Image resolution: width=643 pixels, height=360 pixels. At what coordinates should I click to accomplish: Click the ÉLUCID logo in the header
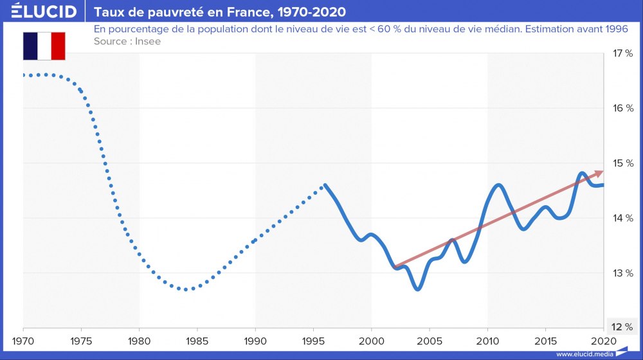click(44, 12)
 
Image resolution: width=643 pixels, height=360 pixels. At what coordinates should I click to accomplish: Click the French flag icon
click(44, 46)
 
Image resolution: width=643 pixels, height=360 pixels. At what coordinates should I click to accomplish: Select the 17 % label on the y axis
click(622, 53)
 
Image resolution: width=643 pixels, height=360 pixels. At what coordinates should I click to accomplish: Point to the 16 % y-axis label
click(622, 108)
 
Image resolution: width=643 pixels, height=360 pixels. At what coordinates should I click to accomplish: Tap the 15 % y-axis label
click(622, 163)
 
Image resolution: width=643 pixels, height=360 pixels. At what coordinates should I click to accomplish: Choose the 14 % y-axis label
click(622, 218)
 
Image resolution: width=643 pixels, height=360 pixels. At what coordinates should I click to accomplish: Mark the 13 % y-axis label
click(622, 273)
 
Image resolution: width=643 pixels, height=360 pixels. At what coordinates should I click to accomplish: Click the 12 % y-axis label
click(622, 327)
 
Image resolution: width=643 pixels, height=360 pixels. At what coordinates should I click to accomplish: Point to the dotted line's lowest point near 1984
click(186, 289)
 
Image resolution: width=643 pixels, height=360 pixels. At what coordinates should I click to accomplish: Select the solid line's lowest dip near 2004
click(418, 289)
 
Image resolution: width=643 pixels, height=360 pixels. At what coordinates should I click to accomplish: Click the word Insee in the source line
click(147, 41)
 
